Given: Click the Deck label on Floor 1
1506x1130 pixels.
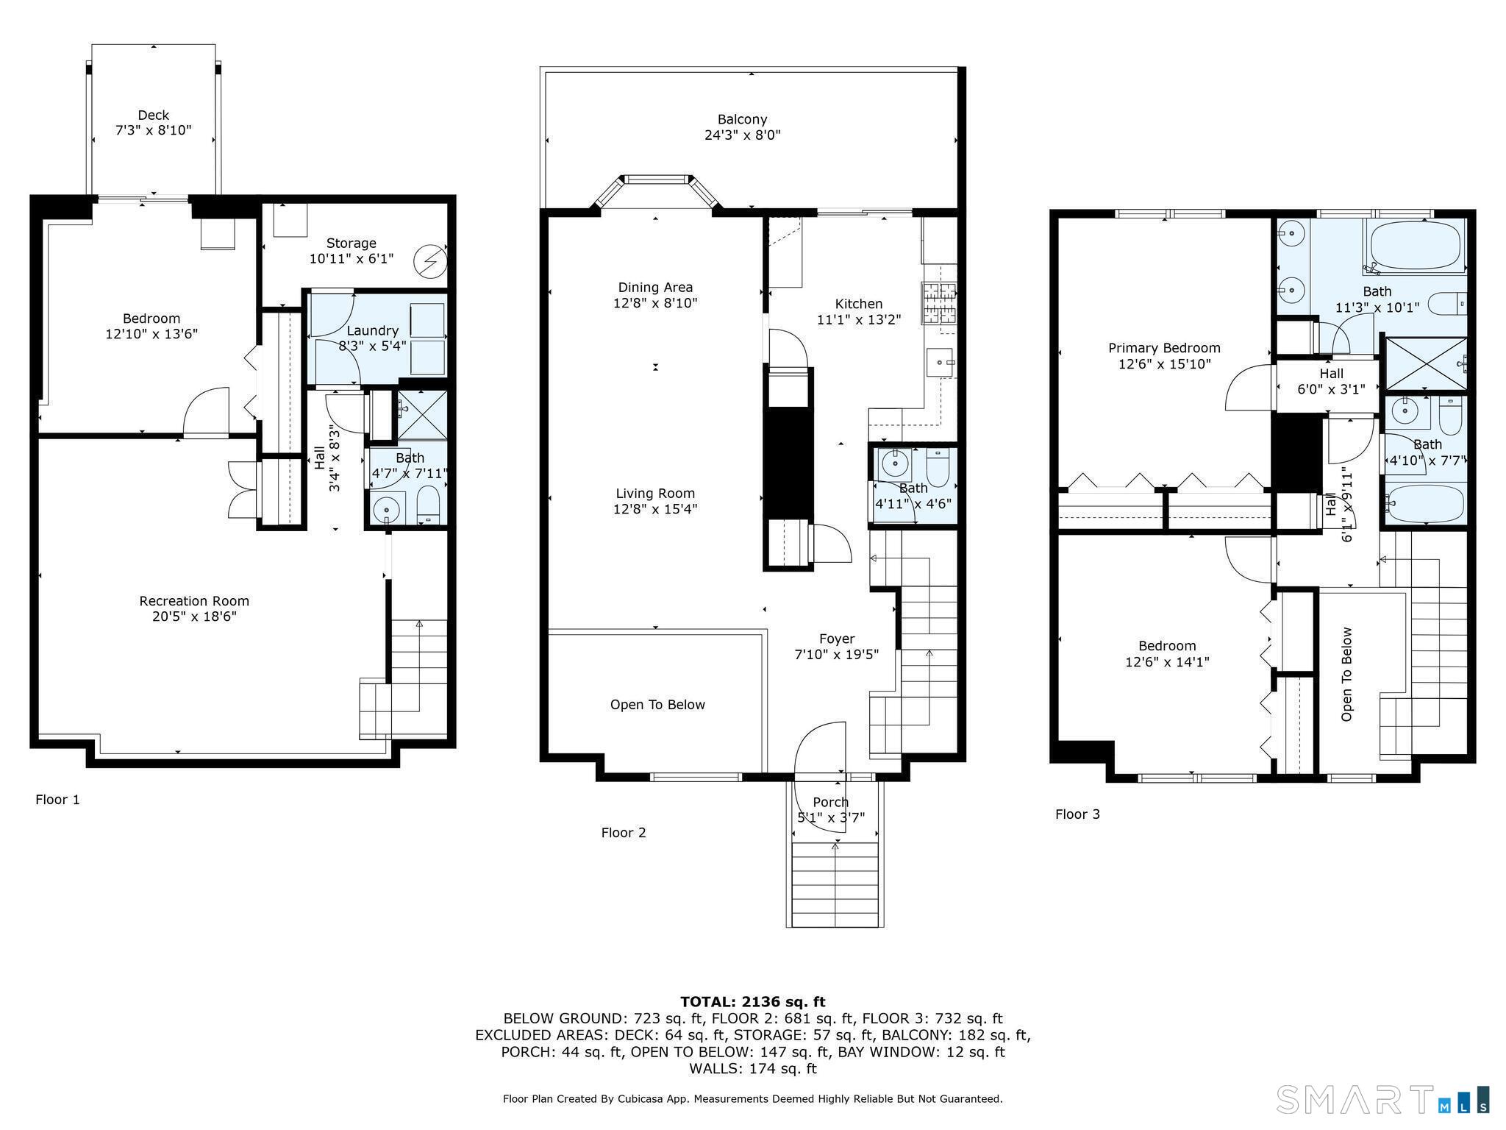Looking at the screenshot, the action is click(153, 115).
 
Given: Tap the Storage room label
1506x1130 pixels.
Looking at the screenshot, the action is click(351, 243).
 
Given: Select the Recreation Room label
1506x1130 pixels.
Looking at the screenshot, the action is click(194, 601).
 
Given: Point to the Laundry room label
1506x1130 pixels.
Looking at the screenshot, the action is click(373, 331).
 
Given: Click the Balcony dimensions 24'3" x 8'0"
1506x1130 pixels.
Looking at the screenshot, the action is click(743, 135).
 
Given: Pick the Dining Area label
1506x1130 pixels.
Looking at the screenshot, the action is click(655, 288).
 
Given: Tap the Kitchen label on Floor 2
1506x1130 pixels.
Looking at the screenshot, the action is click(859, 304).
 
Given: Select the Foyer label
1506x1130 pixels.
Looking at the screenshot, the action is click(837, 639).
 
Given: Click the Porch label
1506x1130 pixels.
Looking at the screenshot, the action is click(831, 802).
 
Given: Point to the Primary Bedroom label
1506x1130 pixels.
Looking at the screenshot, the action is click(1164, 348).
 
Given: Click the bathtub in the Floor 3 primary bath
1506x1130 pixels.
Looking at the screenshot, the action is click(1416, 246).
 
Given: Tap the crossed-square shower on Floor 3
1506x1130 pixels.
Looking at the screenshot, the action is click(1426, 363).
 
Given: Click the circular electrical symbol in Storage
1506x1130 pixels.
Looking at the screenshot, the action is click(430, 260).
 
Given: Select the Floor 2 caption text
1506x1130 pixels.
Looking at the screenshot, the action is click(624, 833).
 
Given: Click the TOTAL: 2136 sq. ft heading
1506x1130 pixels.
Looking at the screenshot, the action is click(753, 1002).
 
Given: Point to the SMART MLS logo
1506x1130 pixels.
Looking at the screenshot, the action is click(1382, 1099).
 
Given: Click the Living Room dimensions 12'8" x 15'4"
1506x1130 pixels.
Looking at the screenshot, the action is click(655, 509).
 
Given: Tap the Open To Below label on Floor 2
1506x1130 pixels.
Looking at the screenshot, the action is click(657, 705).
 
